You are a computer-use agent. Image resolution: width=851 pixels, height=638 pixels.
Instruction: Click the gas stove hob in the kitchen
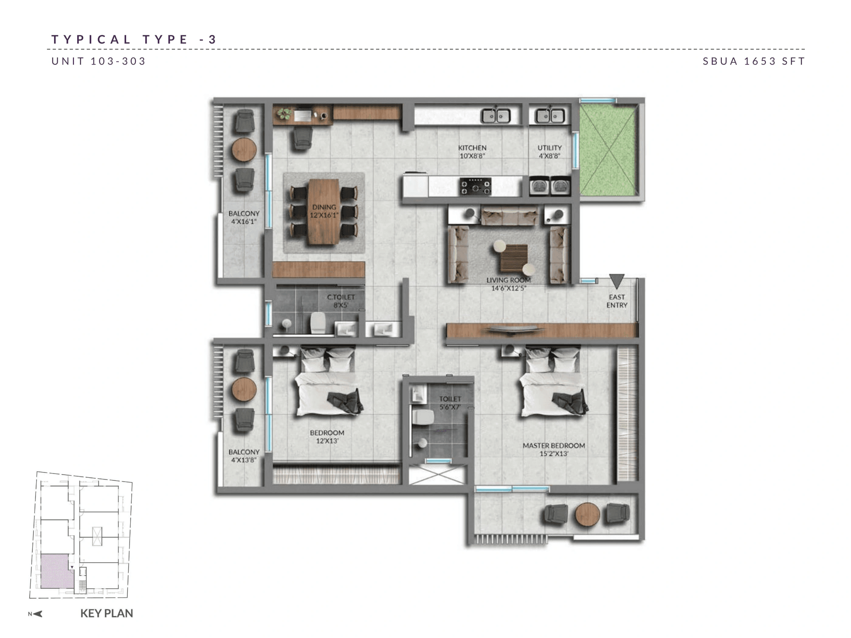point(476,187)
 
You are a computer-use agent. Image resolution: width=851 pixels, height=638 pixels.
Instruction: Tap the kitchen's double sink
point(496,115)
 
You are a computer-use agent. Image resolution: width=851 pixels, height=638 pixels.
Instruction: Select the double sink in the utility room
point(550,115)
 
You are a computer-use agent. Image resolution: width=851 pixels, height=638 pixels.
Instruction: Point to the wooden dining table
point(324,211)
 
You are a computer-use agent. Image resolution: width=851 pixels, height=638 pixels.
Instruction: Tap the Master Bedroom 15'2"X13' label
point(554,449)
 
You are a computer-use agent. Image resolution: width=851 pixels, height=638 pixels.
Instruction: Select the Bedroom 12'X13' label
point(327,437)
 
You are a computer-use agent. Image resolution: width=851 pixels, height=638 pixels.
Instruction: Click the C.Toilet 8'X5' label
point(341,301)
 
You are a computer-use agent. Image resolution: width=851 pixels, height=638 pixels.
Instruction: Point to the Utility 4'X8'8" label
point(550,152)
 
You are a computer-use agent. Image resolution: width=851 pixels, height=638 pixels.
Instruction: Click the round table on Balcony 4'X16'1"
point(244,149)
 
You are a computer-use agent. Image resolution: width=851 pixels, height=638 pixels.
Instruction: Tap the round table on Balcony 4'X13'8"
point(244,389)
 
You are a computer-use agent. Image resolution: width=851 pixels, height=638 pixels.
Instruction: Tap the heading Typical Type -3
point(134,39)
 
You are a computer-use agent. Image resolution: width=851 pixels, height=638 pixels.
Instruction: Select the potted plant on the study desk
point(284,113)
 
